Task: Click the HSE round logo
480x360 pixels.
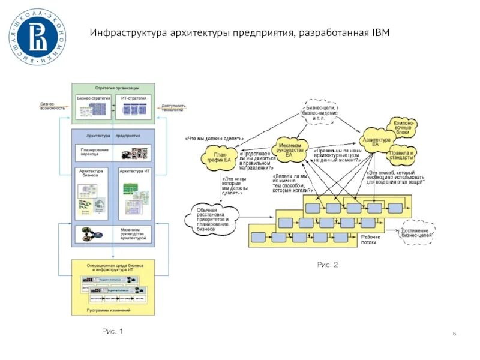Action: click(37, 37)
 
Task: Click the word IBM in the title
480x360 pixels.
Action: click(379, 32)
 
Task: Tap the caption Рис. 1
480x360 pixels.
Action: click(112, 331)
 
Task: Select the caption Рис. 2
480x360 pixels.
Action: click(328, 265)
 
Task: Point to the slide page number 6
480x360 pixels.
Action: click(454, 334)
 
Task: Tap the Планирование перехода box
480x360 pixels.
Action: click(113, 152)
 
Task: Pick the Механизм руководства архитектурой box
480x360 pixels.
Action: click(113, 234)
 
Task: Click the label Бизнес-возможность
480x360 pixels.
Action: click(53, 106)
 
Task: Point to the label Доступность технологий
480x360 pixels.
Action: click(173, 106)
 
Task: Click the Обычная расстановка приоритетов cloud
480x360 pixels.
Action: click(214, 217)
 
